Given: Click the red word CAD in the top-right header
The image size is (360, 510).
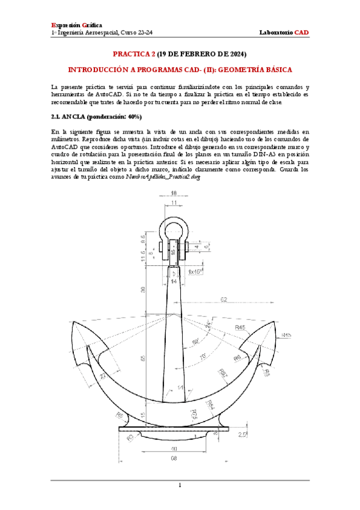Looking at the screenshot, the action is tap(301, 31).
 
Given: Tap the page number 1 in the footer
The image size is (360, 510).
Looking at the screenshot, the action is tap(180, 485).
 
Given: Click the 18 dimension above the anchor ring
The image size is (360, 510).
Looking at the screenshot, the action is tap(174, 193).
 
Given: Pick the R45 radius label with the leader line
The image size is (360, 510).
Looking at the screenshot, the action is tap(242, 327).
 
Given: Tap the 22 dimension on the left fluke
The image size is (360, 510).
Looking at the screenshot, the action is tap(103, 376).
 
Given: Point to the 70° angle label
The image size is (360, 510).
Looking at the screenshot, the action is tap(203, 357).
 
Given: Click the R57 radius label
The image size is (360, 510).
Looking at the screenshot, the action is tap(224, 373).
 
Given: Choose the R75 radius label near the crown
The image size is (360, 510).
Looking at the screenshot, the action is tap(194, 414).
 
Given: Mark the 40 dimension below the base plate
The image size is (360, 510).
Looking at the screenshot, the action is tap(174, 449).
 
